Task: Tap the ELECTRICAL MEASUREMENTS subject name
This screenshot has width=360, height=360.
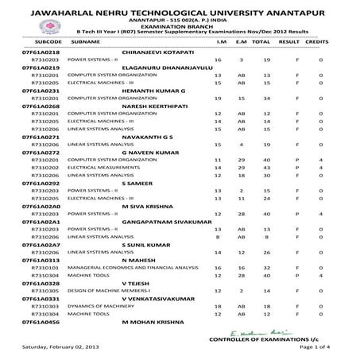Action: (98, 168)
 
